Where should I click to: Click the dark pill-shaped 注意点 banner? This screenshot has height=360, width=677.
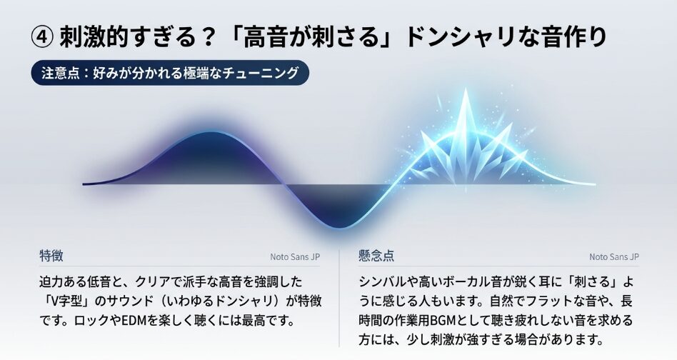170,73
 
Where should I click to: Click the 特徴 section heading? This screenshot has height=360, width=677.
51,256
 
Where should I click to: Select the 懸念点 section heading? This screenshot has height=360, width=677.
376,256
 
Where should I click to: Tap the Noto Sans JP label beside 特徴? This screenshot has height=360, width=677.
295,257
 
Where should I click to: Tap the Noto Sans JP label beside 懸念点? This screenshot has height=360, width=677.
614,257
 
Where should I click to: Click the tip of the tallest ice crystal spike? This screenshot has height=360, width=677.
466,89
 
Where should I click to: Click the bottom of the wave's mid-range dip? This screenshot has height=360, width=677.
340,226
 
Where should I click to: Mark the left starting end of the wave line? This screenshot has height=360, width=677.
84,184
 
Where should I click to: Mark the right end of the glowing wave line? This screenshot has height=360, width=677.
595,184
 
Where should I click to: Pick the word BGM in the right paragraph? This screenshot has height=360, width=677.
443,321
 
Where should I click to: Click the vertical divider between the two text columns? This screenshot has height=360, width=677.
339,298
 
